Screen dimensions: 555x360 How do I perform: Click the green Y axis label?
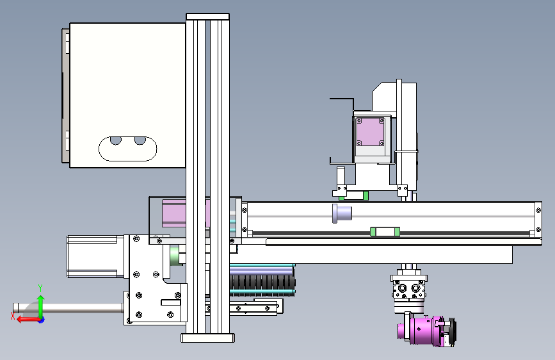point(40,288)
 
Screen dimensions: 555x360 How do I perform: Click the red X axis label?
point(13,316)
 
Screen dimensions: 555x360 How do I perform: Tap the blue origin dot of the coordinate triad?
point(42,320)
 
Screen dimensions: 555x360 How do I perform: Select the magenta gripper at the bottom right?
point(427,331)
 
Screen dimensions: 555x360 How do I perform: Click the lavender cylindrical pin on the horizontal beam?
point(342,213)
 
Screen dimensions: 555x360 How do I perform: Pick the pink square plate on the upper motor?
point(370,132)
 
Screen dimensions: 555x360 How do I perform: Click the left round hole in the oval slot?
point(116,141)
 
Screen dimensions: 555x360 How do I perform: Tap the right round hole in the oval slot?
point(140,141)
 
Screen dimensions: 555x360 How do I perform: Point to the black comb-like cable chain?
point(262,282)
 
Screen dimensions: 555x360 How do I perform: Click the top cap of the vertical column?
point(208,17)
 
